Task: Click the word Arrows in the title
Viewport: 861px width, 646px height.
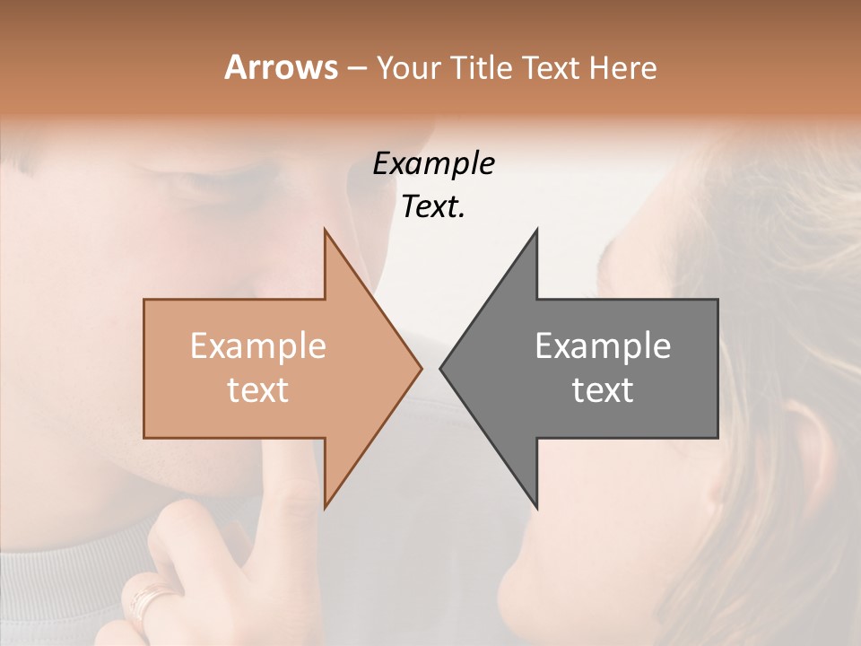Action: coord(281,67)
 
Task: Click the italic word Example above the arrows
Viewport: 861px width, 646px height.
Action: coord(433,164)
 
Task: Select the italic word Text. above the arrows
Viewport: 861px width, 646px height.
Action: coord(433,207)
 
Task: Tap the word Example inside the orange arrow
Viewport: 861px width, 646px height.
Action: coord(258,346)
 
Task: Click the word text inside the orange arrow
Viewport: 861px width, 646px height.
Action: coord(258,390)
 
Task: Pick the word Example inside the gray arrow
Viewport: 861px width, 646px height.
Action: coord(603,346)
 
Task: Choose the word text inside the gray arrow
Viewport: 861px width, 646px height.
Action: coord(603,390)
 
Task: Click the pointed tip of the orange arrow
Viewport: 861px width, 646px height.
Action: coord(420,368)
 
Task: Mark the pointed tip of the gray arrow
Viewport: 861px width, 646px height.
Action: coord(441,368)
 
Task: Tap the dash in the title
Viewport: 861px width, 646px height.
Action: coord(356,68)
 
